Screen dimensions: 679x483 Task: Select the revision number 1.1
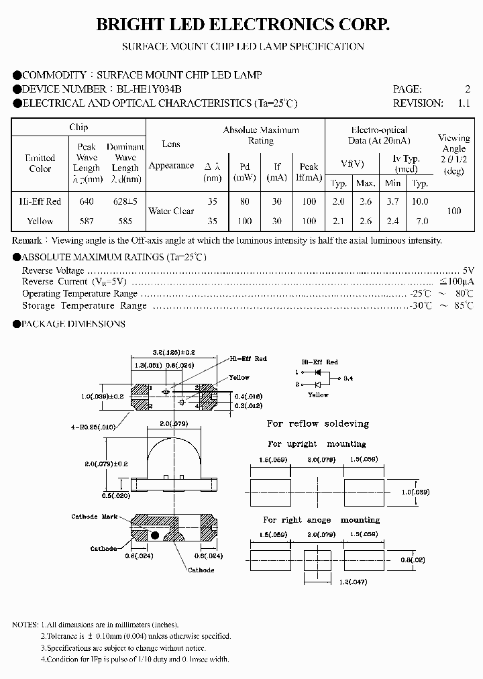pyautogui.click(x=464, y=103)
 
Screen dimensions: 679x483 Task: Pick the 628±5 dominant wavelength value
pyautogui.click(x=125, y=202)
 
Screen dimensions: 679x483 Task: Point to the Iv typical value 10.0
pyautogui.click(x=420, y=202)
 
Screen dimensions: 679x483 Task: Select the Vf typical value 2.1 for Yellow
pyautogui.click(x=339, y=221)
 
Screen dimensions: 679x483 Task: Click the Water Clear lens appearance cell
pyautogui.click(x=171, y=211)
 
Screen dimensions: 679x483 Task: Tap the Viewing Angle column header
pyautogui.click(x=454, y=154)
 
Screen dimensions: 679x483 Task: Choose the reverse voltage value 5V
pyautogui.click(x=468, y=270)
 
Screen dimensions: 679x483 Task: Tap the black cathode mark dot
pyautogui.click(x=155, y=535)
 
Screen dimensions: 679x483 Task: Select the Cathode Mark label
pyautogui.click(x=94, y=516)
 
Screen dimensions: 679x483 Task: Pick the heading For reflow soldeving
pyautogui.click(x=318, y=424)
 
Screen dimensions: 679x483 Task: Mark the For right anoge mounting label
pyautogui.click(x=321, y=520)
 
